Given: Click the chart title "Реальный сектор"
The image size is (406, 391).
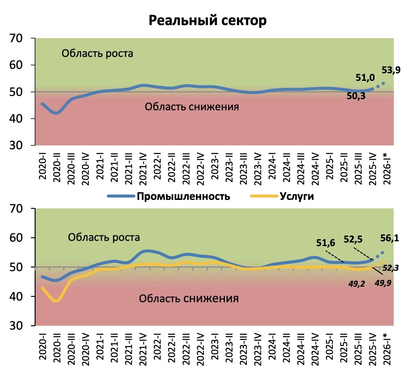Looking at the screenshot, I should pyautogui.click(x=207, y=21).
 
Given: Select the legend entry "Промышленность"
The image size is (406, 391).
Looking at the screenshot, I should pyautogui.click(x=183, y=196).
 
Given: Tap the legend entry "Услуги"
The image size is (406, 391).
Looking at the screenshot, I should pyautogui.click(x=297, y=196).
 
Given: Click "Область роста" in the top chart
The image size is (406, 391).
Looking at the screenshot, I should pyautogui.click(x=97, y=53).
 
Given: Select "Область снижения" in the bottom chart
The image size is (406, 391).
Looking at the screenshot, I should pyautogui.click(x=189, y=298).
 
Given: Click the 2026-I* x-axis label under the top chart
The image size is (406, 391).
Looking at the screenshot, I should pyautogui.click(x=386, y=169).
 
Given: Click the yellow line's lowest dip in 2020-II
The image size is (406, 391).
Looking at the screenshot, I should pyautogui.click(x=56, y=301).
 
